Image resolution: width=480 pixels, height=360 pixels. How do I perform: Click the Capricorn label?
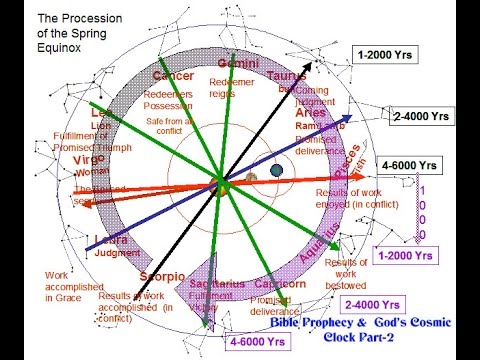point(281,284)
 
